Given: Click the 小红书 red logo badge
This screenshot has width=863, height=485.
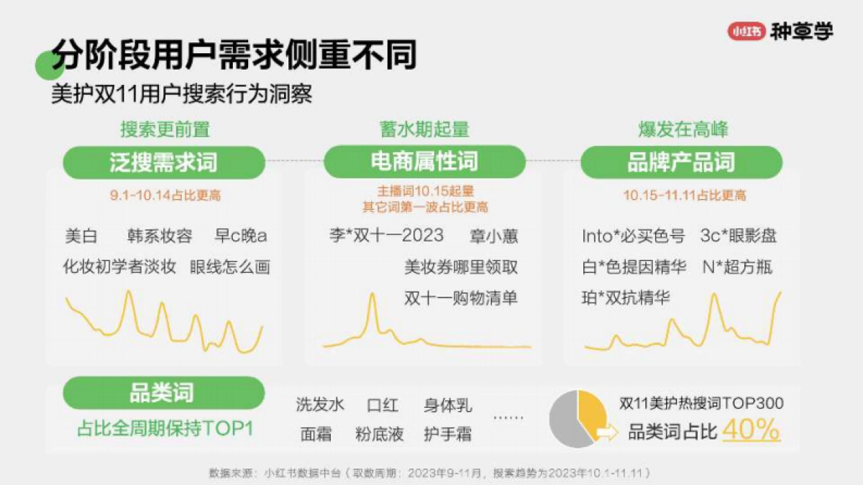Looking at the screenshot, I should tap(746, 32).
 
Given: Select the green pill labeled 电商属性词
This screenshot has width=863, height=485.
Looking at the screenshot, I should tap(424, 162).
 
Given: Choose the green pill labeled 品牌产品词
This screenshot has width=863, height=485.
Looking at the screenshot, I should tap(681, 162).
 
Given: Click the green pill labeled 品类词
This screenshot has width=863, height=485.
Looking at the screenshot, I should tap(162, 393).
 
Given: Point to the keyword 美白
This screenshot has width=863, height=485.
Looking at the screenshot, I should tap(81, 236).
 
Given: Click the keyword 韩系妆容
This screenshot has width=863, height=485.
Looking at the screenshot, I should tap(159, 236).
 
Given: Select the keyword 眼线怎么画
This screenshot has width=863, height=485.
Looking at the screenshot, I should tap(230, 267).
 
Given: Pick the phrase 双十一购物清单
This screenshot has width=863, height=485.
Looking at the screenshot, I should tap(460, 298).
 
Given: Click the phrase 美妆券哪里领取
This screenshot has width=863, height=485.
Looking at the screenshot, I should tap(460, 267).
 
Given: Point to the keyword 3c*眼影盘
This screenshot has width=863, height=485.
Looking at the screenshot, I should tap(738, 236).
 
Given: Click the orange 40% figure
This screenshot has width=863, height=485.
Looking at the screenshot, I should tap(751, 430).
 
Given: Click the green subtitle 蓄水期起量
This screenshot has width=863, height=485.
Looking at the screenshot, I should tap(424, 129).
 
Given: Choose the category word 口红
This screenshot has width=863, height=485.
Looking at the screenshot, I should tap(382, 405).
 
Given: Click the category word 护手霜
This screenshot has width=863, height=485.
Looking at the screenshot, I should tap(447, 434).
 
